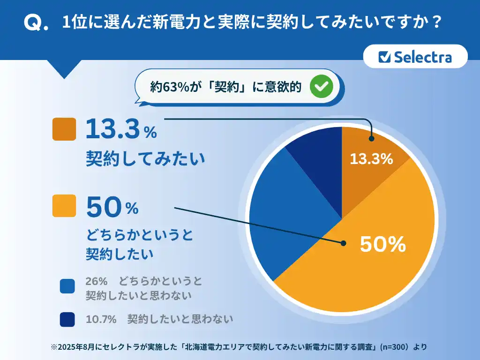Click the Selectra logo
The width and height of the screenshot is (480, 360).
415,57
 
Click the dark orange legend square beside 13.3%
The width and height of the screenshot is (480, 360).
64,129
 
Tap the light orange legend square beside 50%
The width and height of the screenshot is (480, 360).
64,205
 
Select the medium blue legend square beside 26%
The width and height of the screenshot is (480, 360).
67,286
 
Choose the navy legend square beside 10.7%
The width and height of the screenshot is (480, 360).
67,319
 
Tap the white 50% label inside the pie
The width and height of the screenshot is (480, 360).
382,244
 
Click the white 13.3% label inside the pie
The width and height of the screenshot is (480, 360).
371,159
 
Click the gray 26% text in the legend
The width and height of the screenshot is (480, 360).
97,281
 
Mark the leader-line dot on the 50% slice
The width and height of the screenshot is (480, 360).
343,243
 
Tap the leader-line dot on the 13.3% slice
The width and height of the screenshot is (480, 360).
371,138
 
